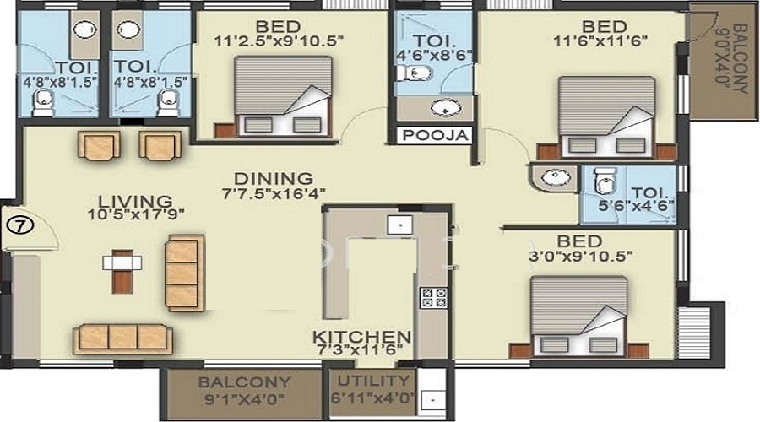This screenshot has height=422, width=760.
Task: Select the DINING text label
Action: tap(274, 178)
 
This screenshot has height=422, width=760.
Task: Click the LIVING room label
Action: tap(135, 201)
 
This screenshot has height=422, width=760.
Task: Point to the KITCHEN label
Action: tap(363, 336)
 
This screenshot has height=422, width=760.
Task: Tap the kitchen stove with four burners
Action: tap(433, 297)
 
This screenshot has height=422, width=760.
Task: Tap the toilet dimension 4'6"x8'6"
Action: tap(434, 56)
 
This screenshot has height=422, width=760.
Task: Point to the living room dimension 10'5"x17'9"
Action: tap(135, 216)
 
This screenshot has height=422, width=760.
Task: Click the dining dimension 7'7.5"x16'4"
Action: tap(274, 193)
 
